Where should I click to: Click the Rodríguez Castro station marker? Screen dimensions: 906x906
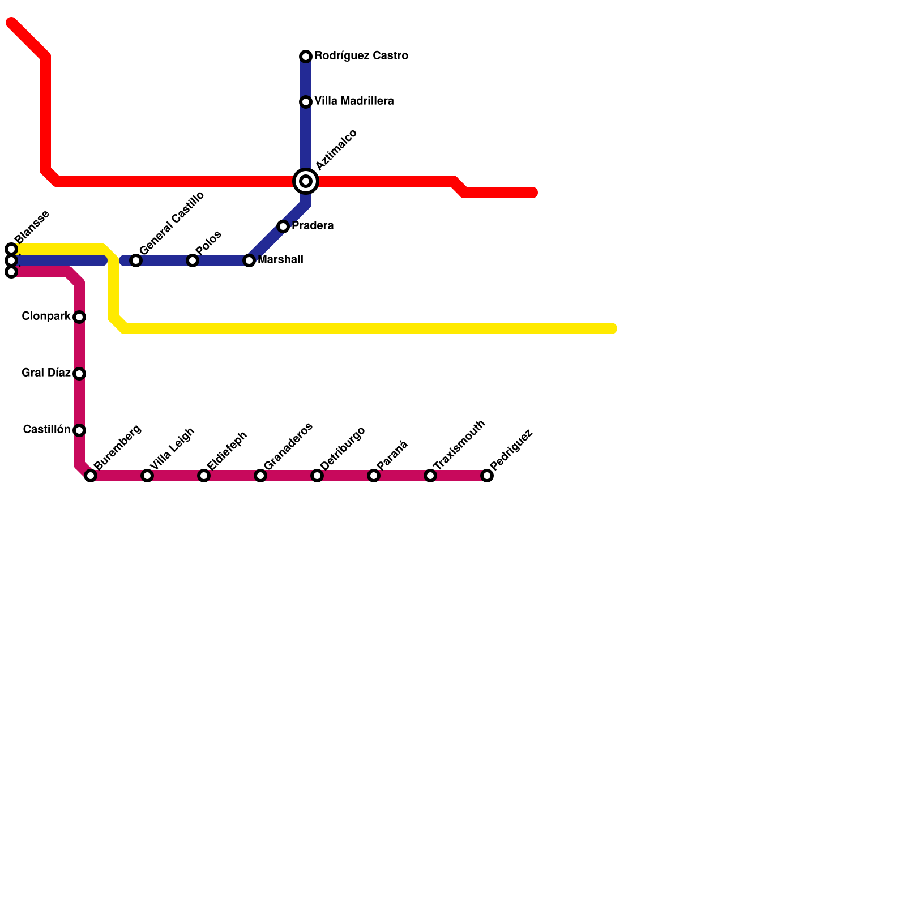pos(306,57)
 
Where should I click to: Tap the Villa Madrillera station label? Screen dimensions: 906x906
pos(354,101)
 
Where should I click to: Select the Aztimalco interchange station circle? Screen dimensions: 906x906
pos(306,181)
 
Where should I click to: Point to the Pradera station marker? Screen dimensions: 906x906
pos(283,226)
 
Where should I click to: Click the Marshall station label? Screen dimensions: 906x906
pos(280,260)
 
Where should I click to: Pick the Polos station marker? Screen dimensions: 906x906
pos(193,260)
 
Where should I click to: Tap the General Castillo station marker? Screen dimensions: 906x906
pos(136,260)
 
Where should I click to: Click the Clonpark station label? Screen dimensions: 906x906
pos(46,316)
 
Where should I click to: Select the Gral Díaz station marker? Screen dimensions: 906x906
pos(79,374)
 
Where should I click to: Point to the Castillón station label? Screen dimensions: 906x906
pos(46,430)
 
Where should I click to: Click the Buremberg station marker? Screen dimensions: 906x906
pos(91,476)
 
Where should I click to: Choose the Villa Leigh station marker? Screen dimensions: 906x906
pos(147,476)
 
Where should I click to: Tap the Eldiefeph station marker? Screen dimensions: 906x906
pos(204,476)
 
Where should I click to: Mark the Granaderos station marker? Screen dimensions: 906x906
pos(260,476)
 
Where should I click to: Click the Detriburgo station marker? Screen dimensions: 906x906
pos(317,476)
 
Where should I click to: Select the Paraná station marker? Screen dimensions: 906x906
pos(374,476)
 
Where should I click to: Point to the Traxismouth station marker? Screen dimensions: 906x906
pos(430,476)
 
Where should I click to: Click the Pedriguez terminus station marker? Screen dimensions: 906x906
pos(487,476)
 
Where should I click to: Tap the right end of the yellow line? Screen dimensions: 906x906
pos(612,328)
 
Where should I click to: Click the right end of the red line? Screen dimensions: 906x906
pos(533,193)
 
